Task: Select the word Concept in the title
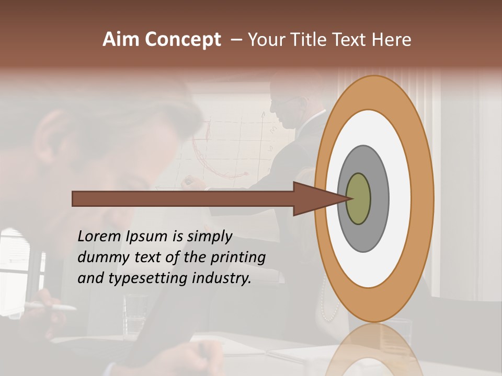point(182,40)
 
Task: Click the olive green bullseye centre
point(359,199)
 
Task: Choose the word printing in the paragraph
point(238,258)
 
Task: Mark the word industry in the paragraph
point(222,278)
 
